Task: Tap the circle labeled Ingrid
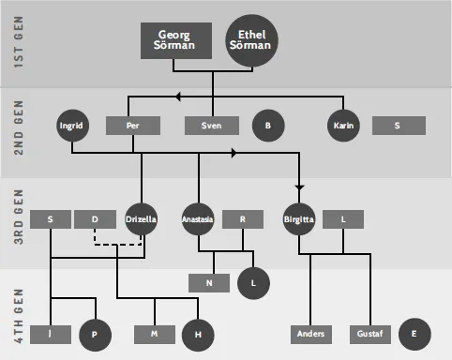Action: click(71, 126)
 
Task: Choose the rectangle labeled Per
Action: click(132, 126)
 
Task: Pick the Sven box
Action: click(212, 126)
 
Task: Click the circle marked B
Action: click(267, 126)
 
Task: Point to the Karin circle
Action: click(343, 126)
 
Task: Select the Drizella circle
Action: click(141, 219)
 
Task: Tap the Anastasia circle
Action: click(198, 219)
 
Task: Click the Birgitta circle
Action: click(298, 219)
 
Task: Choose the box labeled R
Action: click(243, 219)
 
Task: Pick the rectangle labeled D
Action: click(95, 219)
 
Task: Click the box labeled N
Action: click(210, 281)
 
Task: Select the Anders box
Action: click(310, 334)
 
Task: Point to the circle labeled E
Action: click(414, 334)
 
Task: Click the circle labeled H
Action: click(198, 334)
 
